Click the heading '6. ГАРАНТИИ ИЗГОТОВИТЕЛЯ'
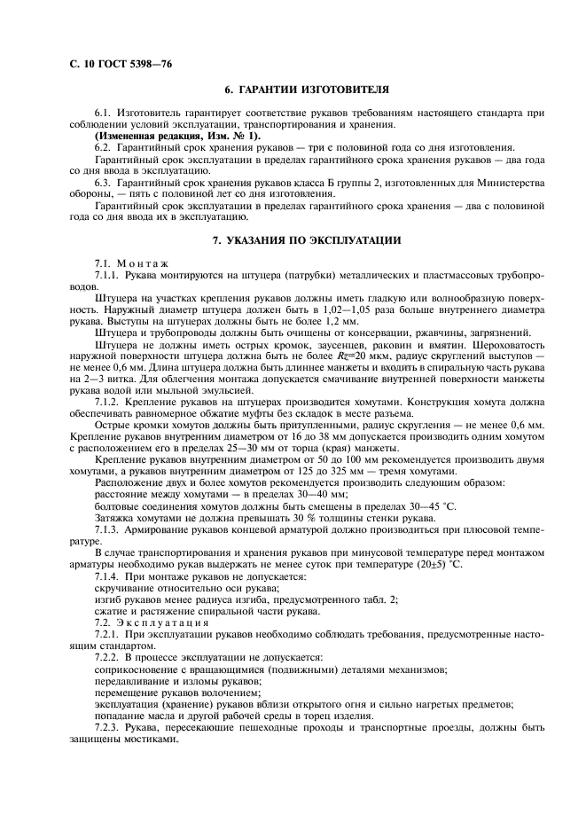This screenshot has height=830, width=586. tap(307, 89)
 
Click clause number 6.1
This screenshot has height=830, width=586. tap(105, 114)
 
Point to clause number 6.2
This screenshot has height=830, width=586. tap(105, 147)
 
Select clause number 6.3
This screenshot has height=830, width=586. tap(105, 182)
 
